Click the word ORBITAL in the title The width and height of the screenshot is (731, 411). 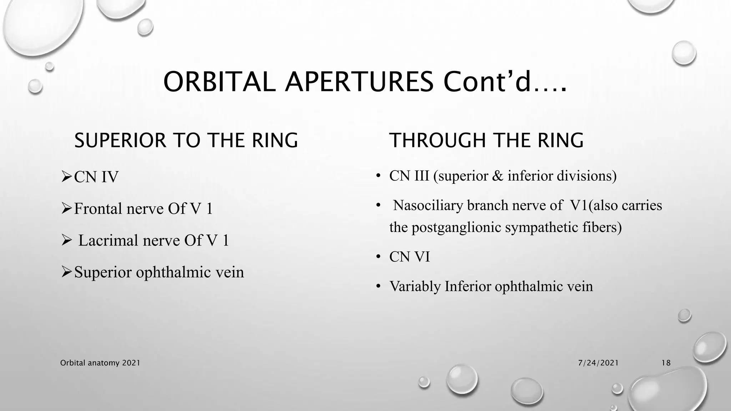pyautogui.click(x=219, y=82)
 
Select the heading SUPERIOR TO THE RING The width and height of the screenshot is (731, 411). pyautogui.click(x=186, y=140)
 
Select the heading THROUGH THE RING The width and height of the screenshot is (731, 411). pyautogui.click(x=486, y=140)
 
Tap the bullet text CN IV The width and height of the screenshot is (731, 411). pyautogui.click(x=96, y=177)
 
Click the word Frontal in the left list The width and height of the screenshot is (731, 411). pyautogui.click(x=97, y=209)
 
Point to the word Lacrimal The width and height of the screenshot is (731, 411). pyautogui.click(x=108, y=240)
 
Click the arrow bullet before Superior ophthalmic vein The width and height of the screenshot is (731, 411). pyautogui.click(x=67, y=272)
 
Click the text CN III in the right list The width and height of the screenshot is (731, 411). pyautogui.click(x=409, y=176)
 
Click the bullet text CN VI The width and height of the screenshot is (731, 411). pyautogui.click(x=409, y=257)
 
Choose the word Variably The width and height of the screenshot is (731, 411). pyautogui.click(x=415, y=286)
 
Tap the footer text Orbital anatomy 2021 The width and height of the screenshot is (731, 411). pyautogui.click(x=100, y=363)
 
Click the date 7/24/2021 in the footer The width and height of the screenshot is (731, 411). pyautogui.click(x=598, y=363)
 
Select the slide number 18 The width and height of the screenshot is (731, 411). pyautogui.click(x=666, y=363)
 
